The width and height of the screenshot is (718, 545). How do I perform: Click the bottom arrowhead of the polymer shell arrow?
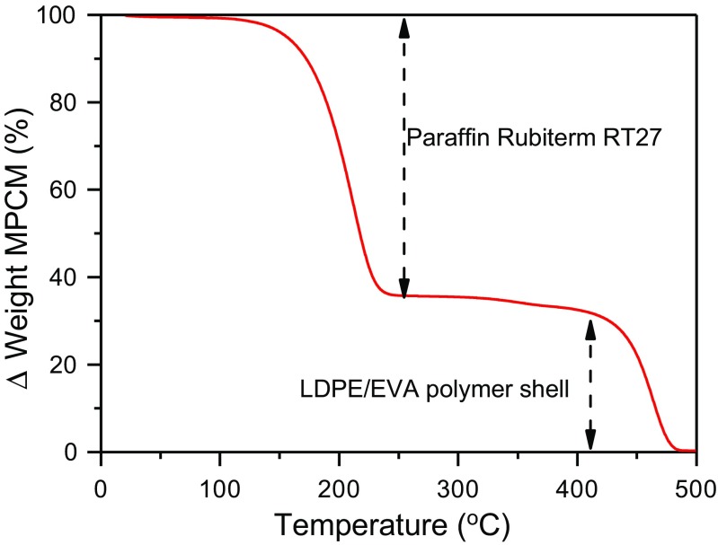click(x=590, y=441)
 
